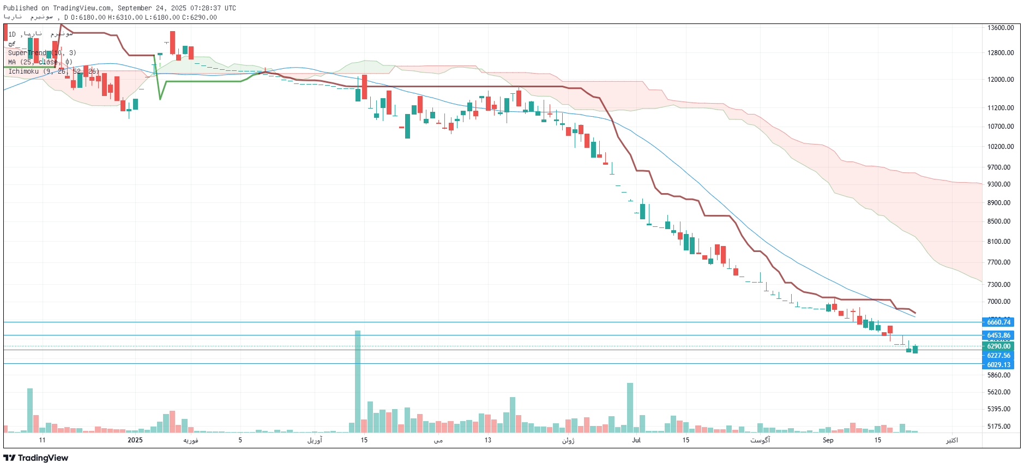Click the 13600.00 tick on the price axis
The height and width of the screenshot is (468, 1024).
click(1000, 28)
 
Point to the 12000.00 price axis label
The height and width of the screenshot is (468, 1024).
click(1000, 80)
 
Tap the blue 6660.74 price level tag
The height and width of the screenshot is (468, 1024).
click(998, 322)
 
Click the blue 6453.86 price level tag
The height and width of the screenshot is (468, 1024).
click(998, 335)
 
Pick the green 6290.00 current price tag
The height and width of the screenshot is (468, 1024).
click(998, 346)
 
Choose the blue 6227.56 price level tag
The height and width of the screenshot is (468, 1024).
click(998, 356)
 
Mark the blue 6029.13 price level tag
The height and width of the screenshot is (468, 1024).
click(998, 365)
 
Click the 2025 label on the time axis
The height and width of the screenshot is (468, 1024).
click(135, 440)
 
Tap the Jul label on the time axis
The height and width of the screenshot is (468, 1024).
click(636, 440)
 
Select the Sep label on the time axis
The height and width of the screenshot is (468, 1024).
click(828, 440)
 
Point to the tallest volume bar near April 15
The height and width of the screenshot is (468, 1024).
click(358, 382)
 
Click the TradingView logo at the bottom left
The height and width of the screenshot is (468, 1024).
click(36, 458)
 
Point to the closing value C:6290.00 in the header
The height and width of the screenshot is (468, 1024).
click(199, 17)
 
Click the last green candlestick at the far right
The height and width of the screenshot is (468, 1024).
click(915, 349)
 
